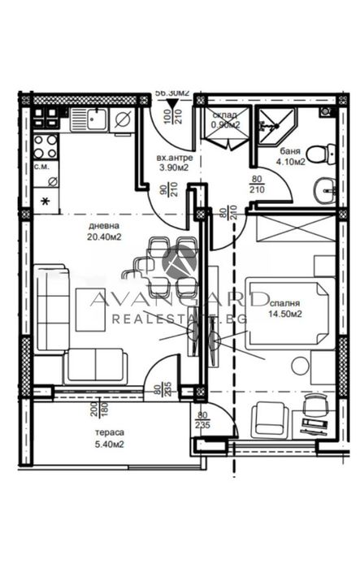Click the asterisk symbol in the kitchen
44,200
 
